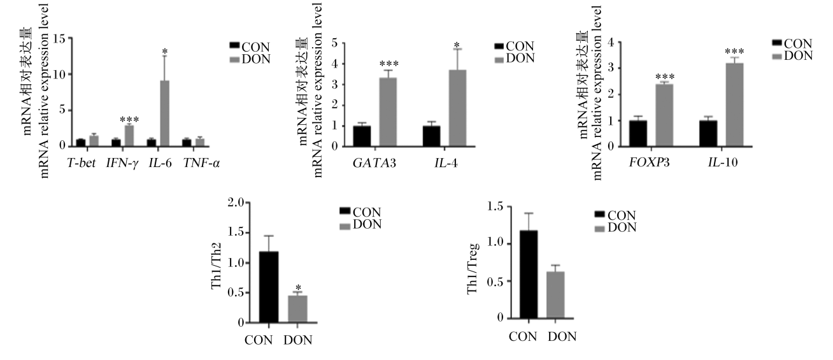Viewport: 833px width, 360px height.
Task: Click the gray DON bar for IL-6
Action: (x=165, y=113)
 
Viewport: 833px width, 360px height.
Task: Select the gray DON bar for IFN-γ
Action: (x=129, y=136)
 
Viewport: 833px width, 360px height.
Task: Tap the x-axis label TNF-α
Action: (x=201, y=163)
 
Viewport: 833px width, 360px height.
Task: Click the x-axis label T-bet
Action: (x=82, y=163)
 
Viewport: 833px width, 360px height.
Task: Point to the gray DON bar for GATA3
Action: (x=388, y=112)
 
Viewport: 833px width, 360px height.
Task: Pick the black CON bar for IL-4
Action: (x=431, y=136)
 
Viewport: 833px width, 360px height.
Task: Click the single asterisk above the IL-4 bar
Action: (x=457, y=46)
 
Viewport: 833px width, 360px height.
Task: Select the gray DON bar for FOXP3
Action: (x=664, y=115)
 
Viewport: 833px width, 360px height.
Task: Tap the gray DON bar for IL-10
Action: (x=734, y=105)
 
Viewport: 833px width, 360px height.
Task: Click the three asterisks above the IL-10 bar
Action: (x=734, y=52)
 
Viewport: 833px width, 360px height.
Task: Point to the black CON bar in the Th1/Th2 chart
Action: (x=269, y=287)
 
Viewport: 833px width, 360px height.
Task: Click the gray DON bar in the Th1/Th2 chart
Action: (x=298, y=309)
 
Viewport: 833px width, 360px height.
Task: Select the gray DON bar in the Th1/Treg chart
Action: (x=555, y=295)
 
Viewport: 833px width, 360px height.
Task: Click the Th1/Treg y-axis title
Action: (x=473, y=268)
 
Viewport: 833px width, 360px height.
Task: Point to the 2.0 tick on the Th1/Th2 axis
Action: (x=236, y=203)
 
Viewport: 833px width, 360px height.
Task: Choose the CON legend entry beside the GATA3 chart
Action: (x=515, y=47)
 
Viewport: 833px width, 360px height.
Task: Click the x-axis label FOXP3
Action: (x=650, y=163)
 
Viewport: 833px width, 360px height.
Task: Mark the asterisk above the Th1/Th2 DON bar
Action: (x=298, y=288)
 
